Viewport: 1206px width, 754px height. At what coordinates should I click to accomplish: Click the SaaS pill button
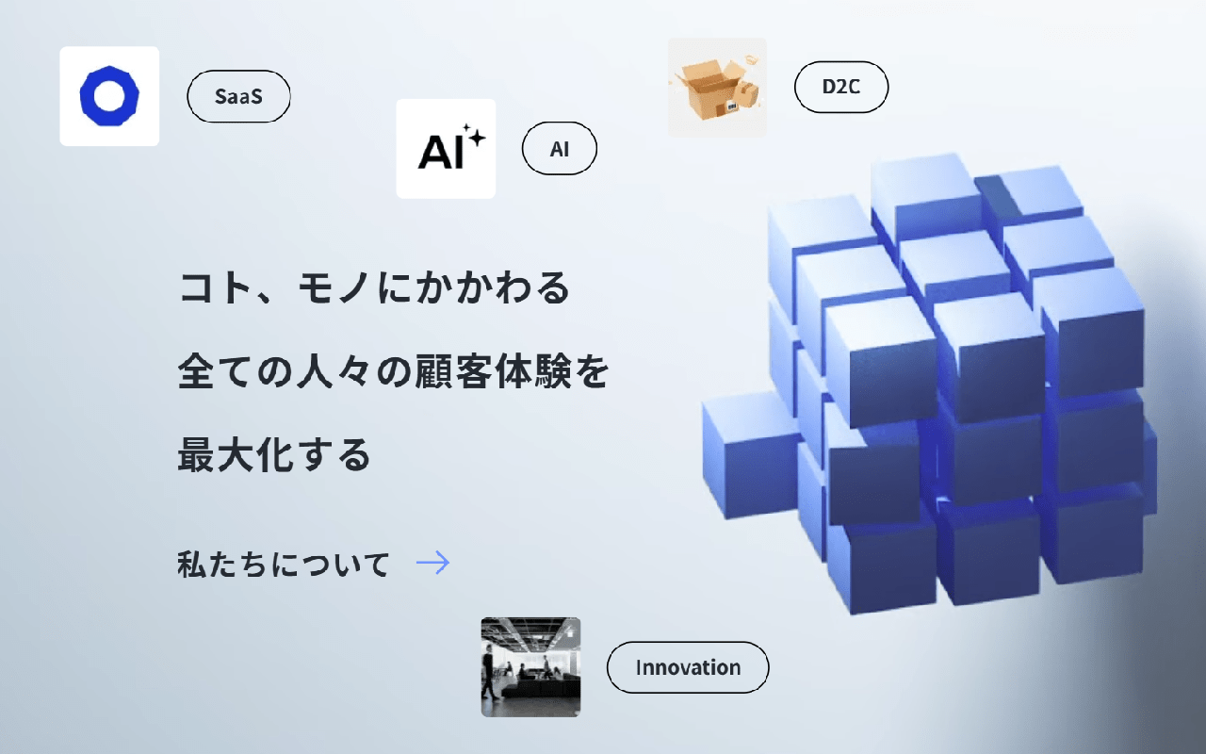238,96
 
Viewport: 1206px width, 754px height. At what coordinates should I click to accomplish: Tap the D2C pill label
841,87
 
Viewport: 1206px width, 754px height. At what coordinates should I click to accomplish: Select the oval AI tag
560,149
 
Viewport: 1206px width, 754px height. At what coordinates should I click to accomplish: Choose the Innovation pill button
688,667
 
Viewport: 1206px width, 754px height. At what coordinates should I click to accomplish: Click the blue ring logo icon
109,96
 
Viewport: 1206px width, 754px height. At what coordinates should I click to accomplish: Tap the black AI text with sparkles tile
446,149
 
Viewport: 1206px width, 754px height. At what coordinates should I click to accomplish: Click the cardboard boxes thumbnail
717,88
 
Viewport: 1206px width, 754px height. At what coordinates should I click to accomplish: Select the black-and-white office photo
530,666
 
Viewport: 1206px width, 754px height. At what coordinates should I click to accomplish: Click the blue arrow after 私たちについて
432,563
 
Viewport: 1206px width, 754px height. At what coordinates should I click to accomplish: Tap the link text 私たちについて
284,565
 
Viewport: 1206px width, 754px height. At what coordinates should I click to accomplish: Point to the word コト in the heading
217,287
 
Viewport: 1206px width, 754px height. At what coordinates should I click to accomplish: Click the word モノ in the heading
334,287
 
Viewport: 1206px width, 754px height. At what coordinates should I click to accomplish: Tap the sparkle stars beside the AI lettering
474,136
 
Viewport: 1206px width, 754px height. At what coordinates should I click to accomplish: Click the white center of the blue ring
109,96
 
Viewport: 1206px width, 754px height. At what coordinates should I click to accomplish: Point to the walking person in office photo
489,674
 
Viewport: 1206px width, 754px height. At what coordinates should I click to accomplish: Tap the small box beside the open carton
746,96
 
